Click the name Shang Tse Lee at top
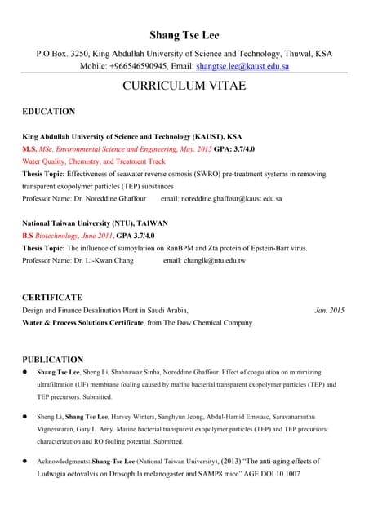184,35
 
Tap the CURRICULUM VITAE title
184,86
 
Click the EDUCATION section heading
49,112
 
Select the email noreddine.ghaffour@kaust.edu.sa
221,198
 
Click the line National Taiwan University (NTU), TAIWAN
95,223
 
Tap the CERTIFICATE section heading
52,298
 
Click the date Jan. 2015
329,311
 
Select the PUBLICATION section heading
52,359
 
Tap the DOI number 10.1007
282,474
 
